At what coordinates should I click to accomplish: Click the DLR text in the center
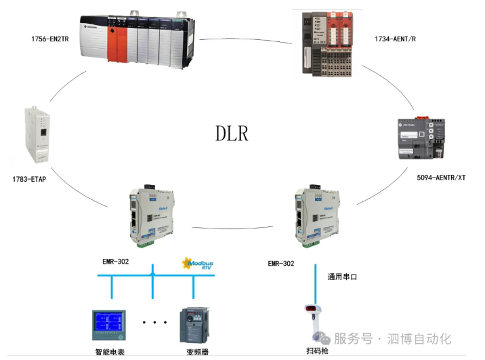coord(232,133)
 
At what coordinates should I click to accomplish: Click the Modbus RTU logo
coord(198,263)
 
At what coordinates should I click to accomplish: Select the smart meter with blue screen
coord(111,326)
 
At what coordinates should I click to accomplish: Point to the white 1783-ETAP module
coord(37,135)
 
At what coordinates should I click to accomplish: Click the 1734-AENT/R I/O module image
coord(329,44)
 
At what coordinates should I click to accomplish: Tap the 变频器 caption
coord(197,352)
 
